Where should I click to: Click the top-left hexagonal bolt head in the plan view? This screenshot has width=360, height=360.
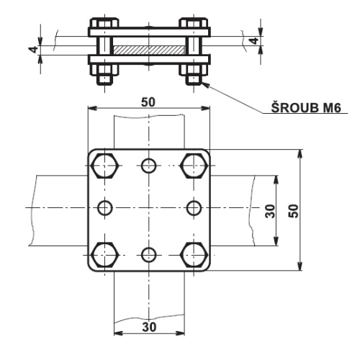pyautogui.click(x=105, y=166)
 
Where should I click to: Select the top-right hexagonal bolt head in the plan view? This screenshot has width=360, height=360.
pyautogui.click(x=193, y=166)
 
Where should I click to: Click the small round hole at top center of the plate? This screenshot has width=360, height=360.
pyautogui.click(x=149, y=166)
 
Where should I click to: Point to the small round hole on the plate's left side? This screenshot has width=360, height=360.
pyautogui.click(x=106, y=208)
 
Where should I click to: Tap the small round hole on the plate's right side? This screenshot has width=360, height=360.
pyautogui.click(x=192, y=208)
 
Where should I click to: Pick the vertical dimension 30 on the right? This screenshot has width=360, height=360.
pyautogui.click(x=270, y=210)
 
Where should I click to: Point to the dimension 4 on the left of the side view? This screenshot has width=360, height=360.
pyautogui.click(x=33, y=51)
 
